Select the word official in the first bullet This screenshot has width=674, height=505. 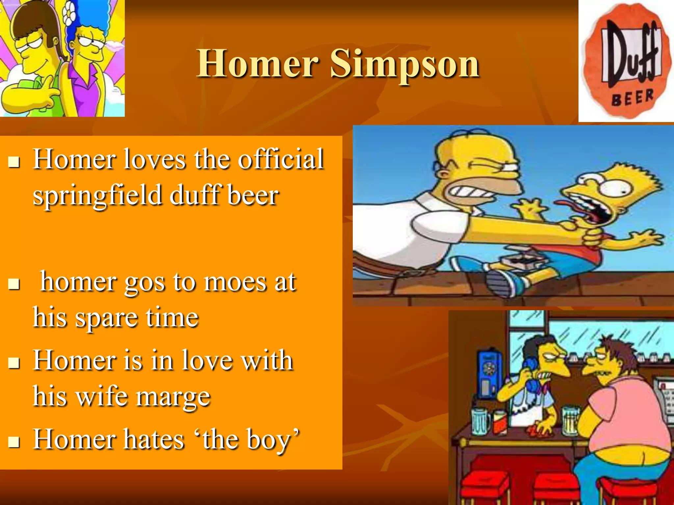[281, 159]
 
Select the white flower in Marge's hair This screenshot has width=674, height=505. [69, 13]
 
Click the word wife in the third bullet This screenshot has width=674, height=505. [101, 397]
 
